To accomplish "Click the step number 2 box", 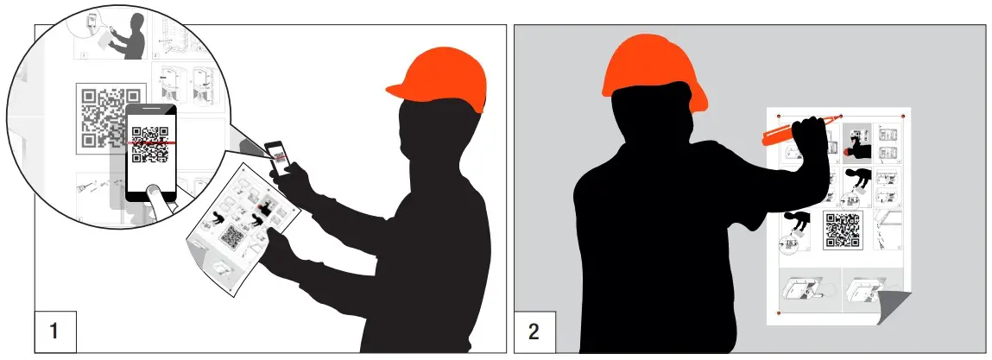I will tap(534, 330).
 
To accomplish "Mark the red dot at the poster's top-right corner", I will tap(903, 116).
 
